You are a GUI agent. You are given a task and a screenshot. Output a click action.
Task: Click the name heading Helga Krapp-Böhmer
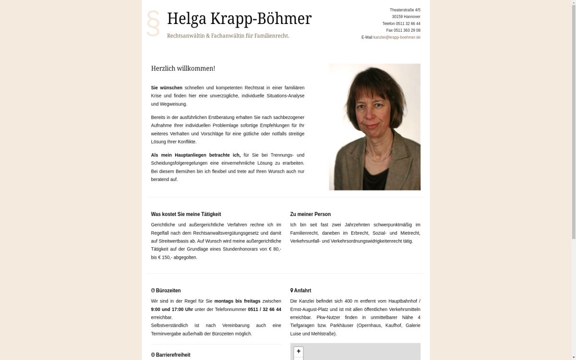coord(239,19)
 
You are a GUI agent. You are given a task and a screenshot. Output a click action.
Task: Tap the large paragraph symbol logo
coord(153,23)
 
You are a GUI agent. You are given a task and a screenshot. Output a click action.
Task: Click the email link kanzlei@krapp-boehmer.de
coord(396,37)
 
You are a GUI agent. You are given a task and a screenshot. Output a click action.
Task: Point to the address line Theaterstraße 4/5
coord(405,10)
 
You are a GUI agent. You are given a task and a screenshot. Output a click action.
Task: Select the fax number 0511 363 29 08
coord(407,30)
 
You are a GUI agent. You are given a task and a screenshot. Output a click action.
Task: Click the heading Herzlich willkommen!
coord(183,69)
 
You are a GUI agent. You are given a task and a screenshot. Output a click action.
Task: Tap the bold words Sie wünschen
coord(167,88)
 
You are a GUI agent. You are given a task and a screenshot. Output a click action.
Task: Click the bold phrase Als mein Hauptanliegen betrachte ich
coord(195,155)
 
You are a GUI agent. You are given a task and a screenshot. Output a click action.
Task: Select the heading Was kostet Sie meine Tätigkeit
coord(186,214)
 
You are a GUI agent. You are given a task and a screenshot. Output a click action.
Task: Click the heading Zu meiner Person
coord(310,214)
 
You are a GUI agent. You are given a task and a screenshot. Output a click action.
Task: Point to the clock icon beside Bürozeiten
coord(153,290)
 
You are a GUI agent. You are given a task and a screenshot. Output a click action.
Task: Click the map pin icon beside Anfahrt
coord(292,290)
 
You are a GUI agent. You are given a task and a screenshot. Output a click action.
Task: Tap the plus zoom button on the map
coord(299,351)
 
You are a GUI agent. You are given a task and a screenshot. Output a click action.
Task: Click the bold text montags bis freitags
coord(237,301)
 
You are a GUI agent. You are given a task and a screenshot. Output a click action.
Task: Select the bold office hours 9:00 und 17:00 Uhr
coord(172,310)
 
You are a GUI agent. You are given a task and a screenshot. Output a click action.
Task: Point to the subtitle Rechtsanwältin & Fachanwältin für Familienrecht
coord(228,36)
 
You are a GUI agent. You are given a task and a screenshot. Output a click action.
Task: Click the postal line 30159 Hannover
coord(406,17)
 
